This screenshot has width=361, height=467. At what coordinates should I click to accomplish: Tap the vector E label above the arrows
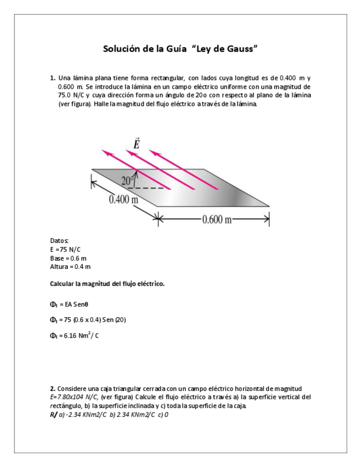pyautogui.click(x=137, y=144)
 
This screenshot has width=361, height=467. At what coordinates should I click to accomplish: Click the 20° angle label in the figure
pyautogui.click(x=127, y=180)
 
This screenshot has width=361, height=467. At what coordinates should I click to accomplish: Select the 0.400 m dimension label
pyautogui.click(x=123, y=199)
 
